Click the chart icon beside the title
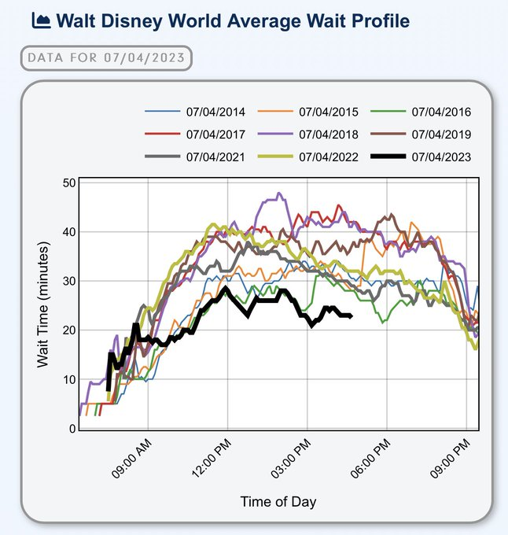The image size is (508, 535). [x=41, y=21]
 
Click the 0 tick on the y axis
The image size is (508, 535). [x=72, y=429]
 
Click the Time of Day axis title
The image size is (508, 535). [x=279, y=501]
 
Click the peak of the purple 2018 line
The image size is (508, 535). [x=278, y=193]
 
